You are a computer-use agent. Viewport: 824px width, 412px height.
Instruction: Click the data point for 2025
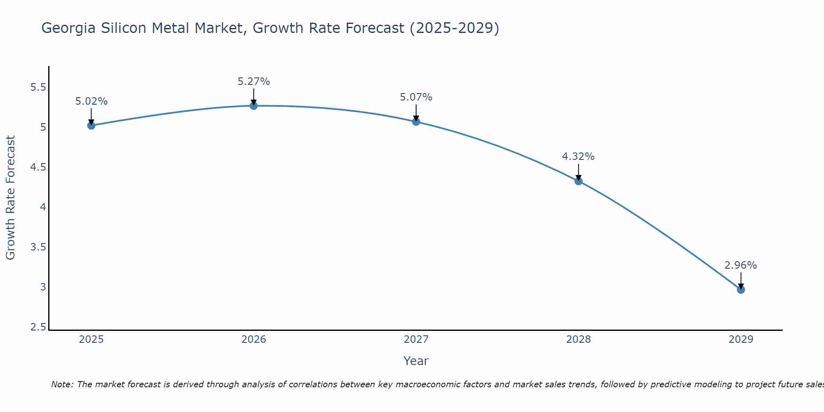(91, 125)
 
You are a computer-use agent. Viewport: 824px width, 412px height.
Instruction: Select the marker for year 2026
(254, 106)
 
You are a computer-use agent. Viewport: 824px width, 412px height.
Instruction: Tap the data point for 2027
(416, 122)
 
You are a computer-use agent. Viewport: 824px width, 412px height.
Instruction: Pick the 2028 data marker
(578, 181)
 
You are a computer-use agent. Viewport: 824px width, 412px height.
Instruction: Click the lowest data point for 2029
(741, 290)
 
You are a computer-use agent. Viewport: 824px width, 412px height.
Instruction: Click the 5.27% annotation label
(254, 82)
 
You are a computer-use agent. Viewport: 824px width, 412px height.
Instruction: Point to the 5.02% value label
(91, 101)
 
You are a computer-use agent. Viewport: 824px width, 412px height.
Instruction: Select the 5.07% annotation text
(416, 97)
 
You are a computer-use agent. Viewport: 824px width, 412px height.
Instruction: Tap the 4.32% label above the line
(578, 157)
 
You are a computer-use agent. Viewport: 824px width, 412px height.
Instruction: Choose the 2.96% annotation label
(741, 265)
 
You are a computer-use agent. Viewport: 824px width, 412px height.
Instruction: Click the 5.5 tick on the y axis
(38, 87)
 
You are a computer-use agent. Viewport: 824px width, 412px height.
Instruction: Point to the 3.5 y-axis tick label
(38, 247)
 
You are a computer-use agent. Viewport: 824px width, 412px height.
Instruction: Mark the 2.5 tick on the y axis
(38, 327)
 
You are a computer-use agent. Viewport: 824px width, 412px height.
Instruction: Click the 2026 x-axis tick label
(254, 339)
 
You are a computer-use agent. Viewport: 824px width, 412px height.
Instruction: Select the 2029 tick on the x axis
(741, 339)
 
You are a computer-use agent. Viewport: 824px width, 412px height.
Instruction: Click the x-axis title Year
(416, 361)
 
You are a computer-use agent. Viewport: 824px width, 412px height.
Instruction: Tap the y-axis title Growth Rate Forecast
(10, 198)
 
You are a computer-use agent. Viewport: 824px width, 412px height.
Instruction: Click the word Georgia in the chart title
(68, 28)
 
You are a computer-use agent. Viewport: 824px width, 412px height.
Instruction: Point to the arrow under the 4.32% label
(578, 172)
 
